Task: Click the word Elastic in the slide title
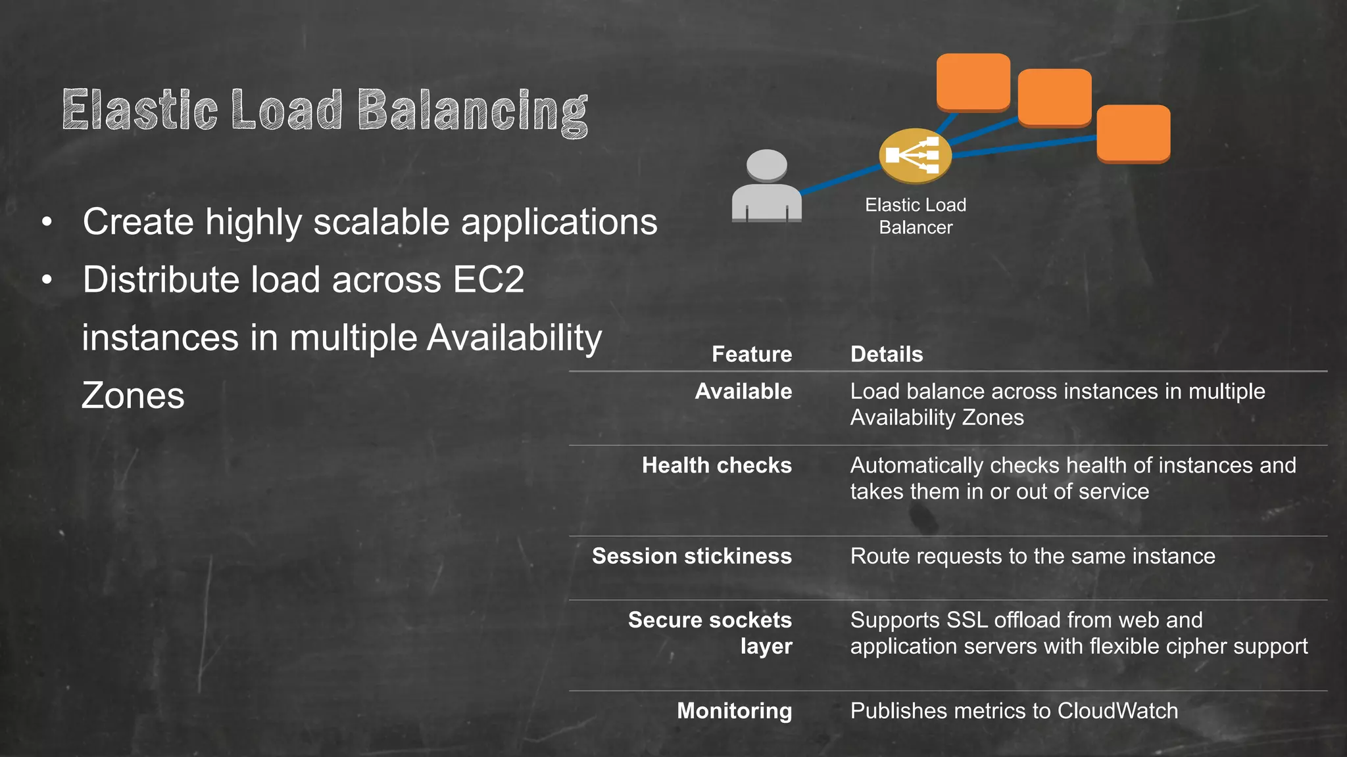coord(139,110)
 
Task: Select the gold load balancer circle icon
coord(915,156)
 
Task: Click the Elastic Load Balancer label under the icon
coord(916,216)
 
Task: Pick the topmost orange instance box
coord(973,81)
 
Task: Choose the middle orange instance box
coord(1054,97)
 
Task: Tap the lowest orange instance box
coord(1133,133)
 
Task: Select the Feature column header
coord(752,354)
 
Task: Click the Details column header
coord(887,354)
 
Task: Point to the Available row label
coord(743,392)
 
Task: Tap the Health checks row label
coord(716,465)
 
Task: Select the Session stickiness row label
coord(691,556)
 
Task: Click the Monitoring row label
coord(734,710)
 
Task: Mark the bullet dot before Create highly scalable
coord(47,222)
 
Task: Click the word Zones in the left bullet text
coord(133,396)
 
